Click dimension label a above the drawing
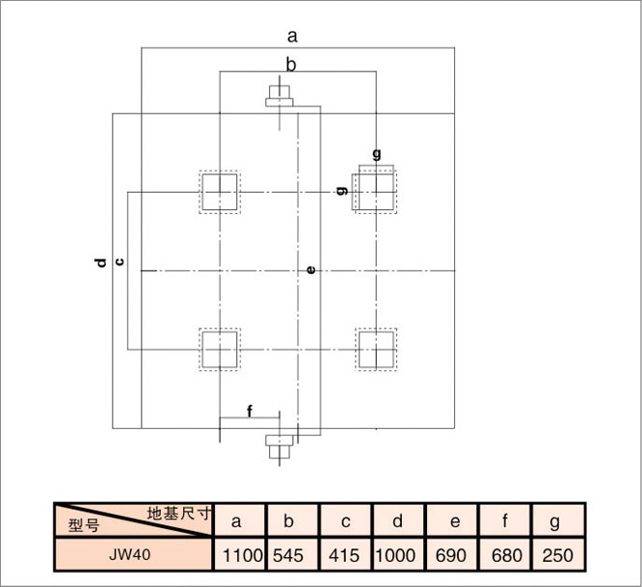pos(292,37)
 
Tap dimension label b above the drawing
pos(291,65)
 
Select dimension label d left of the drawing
pos(100,262)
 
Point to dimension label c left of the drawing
pos(120,261)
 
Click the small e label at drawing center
pos(311,270)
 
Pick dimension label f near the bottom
pos(250,411)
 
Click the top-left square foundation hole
pos(220,192)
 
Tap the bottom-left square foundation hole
pos(220,350)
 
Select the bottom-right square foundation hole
pos(376,350)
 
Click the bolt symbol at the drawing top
pos(280,96)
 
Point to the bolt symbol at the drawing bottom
pos(280,446)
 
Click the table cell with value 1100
pos(241,555)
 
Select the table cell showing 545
pos(288,555)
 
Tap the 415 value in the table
pos(344,555)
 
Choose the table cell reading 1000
pos(395,555)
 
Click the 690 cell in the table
pos(451,555)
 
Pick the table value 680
pos(506,555)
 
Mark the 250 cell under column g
pos(558,555)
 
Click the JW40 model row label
pos(130,554)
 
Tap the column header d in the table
pos(397,520)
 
